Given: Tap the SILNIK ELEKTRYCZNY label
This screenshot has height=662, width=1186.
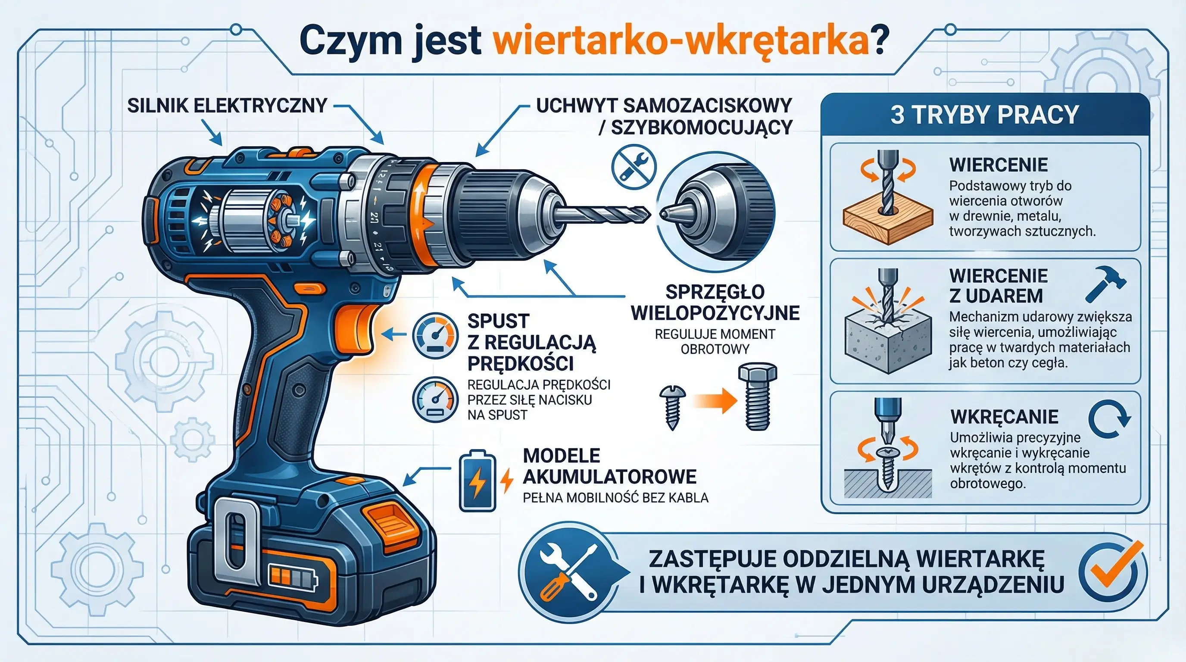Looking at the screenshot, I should point(227,106).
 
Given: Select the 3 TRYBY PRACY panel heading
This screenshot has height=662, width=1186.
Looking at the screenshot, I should point(985,115).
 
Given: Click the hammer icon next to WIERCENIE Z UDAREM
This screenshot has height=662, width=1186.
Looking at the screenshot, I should point(1105,284).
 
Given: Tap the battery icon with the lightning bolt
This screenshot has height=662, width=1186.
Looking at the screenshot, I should point(478,481).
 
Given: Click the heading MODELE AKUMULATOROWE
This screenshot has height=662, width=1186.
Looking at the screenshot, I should point(609,466).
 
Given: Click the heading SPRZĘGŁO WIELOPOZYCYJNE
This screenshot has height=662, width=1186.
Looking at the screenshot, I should point(715,302).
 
